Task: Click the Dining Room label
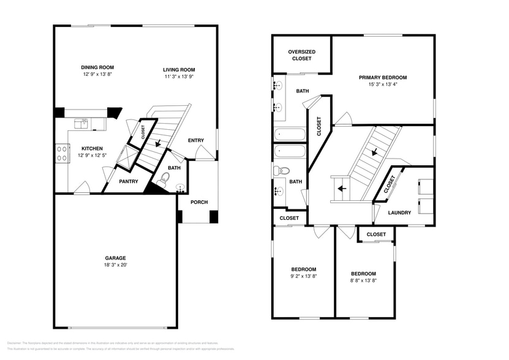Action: click(x=97, y=67)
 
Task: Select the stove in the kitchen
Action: click(x=62, y=152)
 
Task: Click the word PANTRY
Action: click(x=128, y=181)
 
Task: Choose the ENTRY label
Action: click(x=196, y=141)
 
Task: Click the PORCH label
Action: click(x=198, y=203)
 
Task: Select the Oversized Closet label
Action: click(x=301, y=56)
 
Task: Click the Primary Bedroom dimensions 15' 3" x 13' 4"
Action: click(x=382, y=84)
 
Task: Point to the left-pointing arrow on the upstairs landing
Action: click(x=341, y=189)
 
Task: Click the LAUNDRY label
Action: click(x=399, y=212)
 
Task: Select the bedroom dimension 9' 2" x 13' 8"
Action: click(x=303, y=276)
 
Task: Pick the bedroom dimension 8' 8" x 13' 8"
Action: click(x=363, y=280)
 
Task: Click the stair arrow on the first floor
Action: click(x=159, y=143)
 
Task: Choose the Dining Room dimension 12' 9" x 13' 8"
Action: click(x=97, y=74)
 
